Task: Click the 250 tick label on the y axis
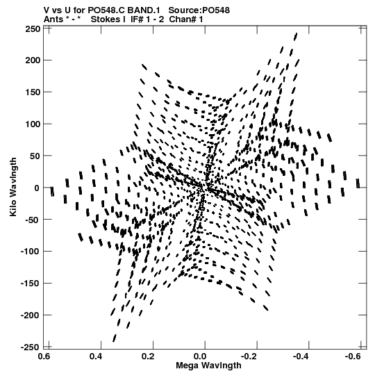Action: (x=33, y=29)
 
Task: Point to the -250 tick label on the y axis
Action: (x=31, y=348)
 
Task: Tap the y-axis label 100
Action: (x=33, y=124)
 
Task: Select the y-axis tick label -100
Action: (x=31, y=252)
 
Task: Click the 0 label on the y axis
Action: (x=37, y=188)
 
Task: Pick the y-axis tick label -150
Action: (x=31, y=284)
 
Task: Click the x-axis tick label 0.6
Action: (x=44, y=357)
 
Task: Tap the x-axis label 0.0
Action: (x=200, y=357)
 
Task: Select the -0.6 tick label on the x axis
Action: (x=353, y=357)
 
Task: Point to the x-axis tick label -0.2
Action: (x=249, y=357)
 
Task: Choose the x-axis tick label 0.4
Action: (x=96, y=357)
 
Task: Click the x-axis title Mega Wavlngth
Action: (x=208, y=366)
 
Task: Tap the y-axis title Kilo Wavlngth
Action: (x=13, y=187)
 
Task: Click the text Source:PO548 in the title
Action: (x=199, y=10)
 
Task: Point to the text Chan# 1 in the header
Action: (x=186, y=19)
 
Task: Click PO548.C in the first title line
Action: (x=106, y=10)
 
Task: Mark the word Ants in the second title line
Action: (x=53, y=19)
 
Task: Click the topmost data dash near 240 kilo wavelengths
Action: (x=296, y=37)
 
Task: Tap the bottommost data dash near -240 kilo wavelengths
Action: (x=115, y=338)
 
